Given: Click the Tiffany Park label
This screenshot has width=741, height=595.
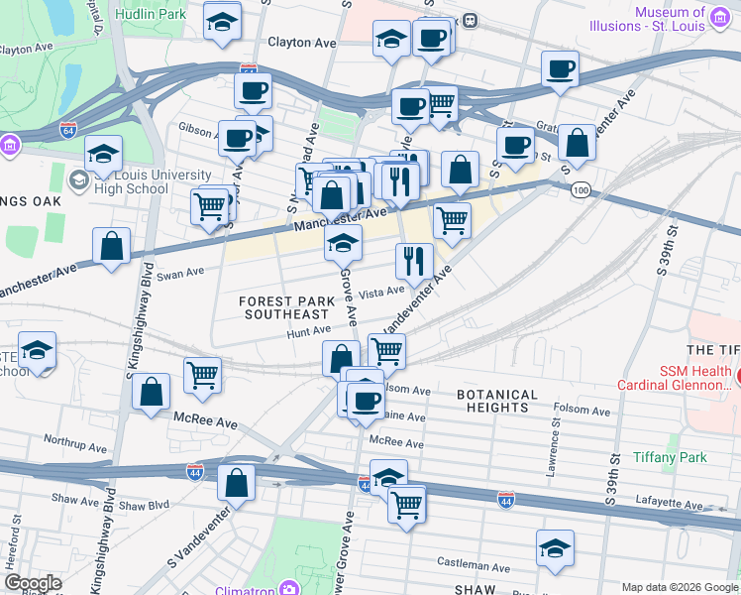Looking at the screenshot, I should coord(671,457).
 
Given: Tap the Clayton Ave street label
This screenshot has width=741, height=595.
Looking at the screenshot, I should coord(302,43).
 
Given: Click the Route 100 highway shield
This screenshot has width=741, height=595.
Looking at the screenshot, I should coord(580,189).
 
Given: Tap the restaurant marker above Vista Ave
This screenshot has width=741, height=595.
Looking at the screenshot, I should coord(413,260).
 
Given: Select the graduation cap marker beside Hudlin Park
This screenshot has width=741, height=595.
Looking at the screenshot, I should coord(222,20).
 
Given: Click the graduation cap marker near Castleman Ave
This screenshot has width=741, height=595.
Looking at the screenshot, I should coord(555,546).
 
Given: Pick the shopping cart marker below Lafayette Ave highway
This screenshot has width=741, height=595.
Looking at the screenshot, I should coord(406,503).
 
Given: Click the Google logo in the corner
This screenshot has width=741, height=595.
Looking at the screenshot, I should coord(33,583).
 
